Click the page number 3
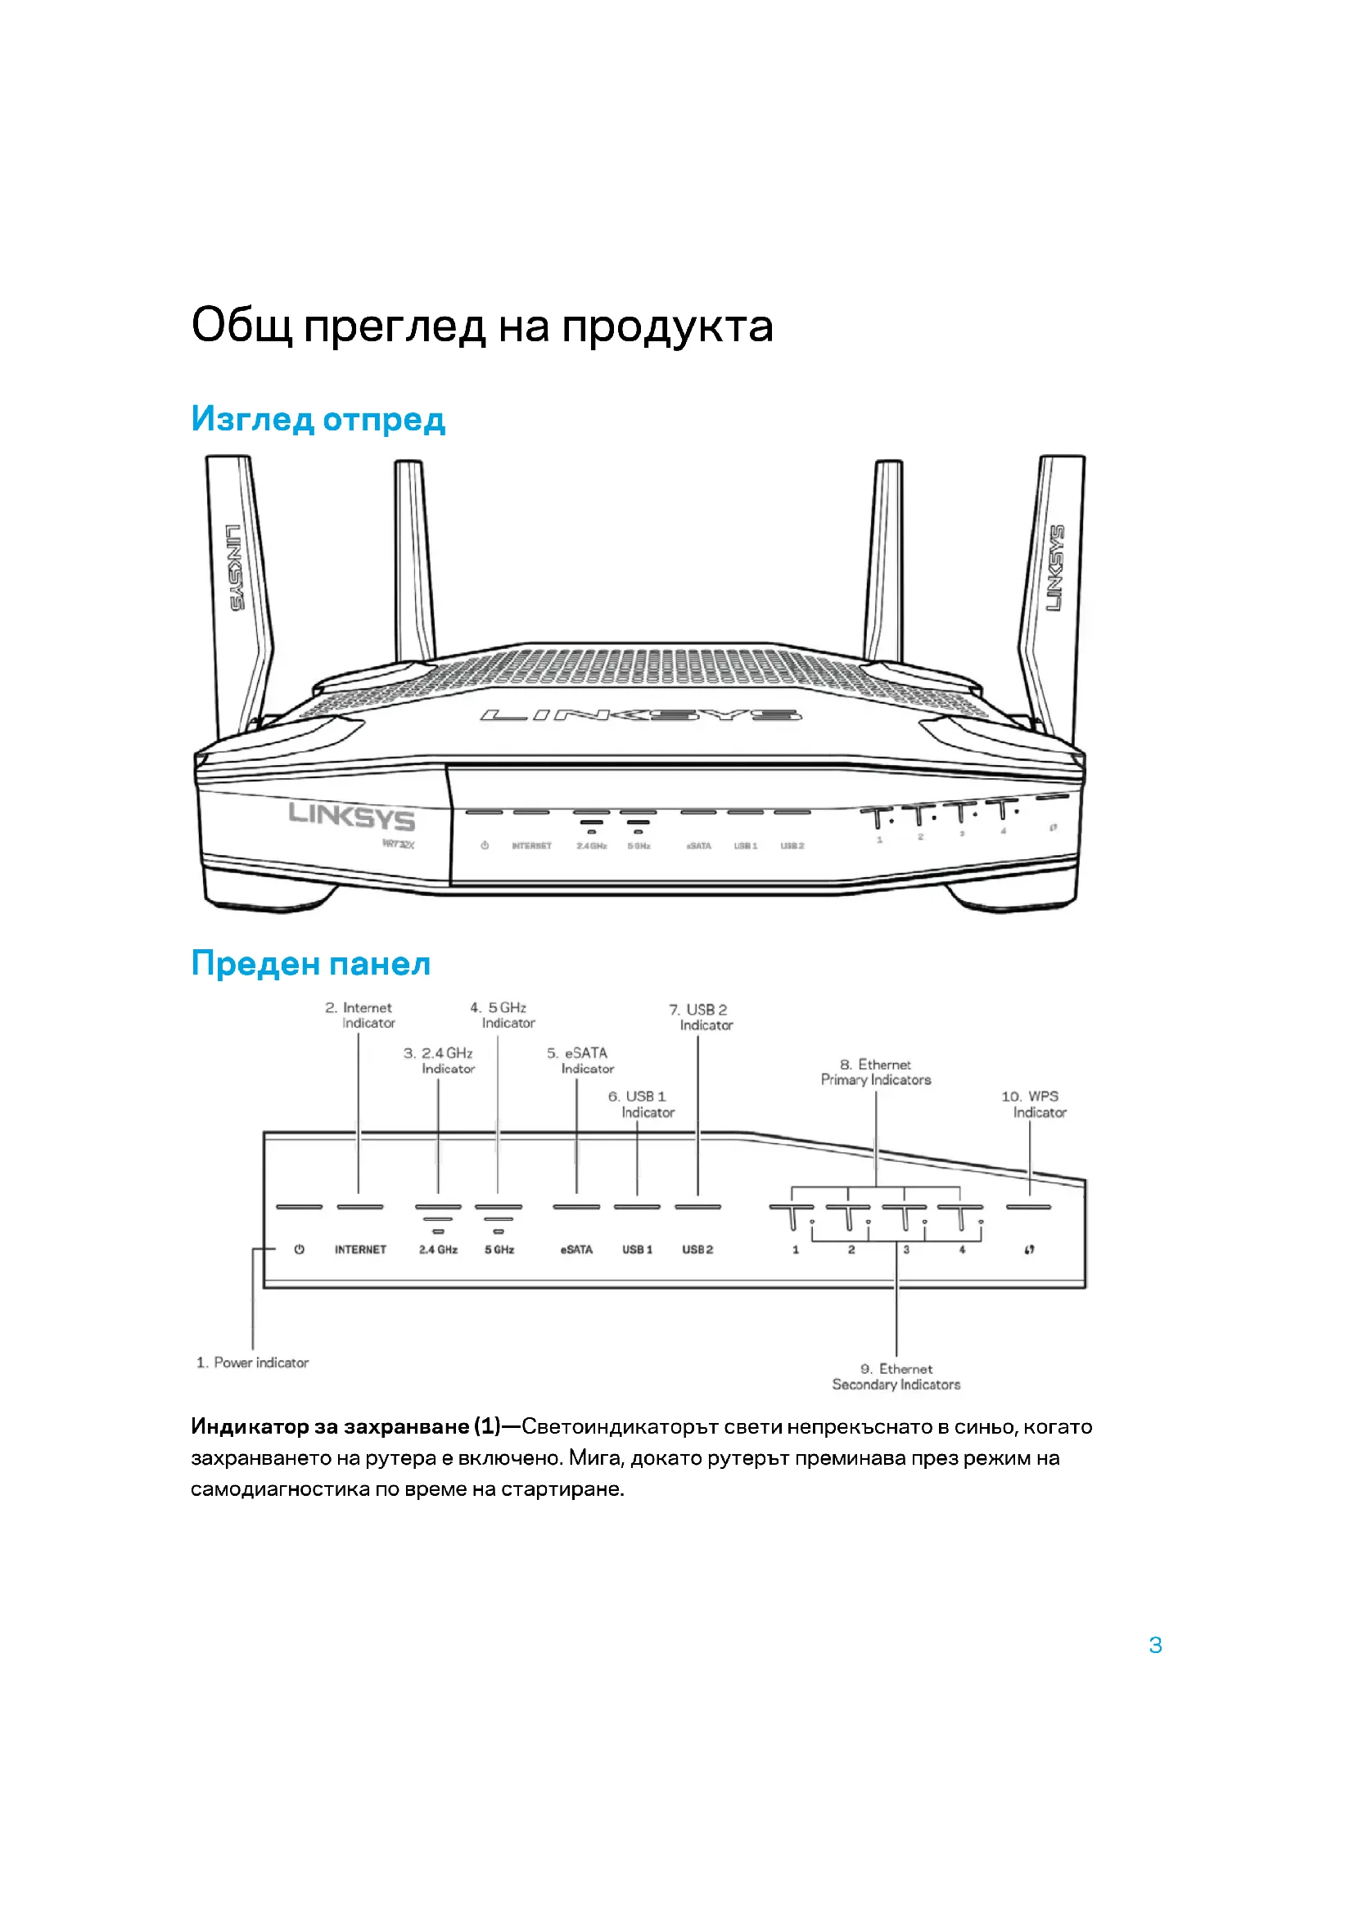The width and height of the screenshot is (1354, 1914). (1155, 1646)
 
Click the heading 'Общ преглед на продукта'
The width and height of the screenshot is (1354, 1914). (482, 326)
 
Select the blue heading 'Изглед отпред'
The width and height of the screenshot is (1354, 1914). (318, 418)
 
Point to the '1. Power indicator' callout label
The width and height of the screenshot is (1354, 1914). (253, 1362)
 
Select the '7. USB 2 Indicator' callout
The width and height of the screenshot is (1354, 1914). (701, 1017)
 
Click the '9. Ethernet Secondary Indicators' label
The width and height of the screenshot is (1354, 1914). (896, 1376)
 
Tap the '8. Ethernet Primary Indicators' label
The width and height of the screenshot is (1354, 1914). (876, 1072)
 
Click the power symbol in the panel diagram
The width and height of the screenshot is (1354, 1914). (299, 1249)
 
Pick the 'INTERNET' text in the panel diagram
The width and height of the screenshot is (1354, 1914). (360, 1250)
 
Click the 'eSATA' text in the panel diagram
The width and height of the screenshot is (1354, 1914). (576, 1250)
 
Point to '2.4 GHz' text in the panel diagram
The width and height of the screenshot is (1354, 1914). (438, 1250)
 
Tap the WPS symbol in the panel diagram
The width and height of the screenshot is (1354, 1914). (1030, 1250)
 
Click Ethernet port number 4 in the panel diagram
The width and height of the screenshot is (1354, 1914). (962, 1250)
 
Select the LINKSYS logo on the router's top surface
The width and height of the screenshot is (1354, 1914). (640, 715)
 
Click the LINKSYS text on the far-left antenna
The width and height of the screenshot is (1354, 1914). (235, 568)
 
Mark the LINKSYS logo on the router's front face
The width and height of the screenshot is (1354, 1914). (351, 816)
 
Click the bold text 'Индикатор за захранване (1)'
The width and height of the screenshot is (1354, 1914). (345, 1426)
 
